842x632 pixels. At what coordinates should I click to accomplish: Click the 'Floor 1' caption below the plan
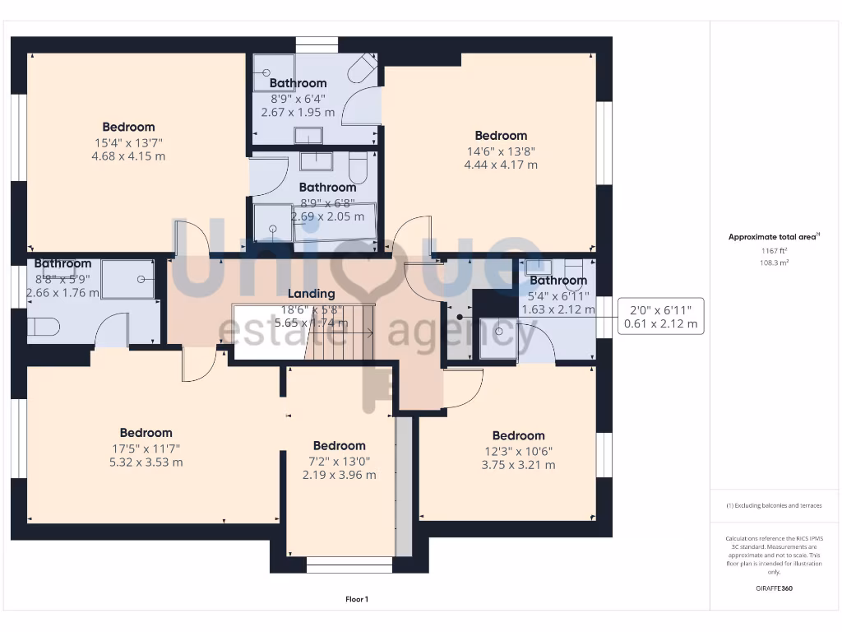coord(356,599)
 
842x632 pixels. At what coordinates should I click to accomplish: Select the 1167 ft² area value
coord(773,250)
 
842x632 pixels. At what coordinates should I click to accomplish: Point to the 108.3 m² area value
coord(773,263)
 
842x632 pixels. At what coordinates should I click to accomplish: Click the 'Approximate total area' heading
coord(773,237)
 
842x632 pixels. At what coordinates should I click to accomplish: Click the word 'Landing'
coord(311,294)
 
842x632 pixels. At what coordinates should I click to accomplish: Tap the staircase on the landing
coord(340,332)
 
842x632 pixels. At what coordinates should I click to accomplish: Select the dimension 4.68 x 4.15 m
coord(128,156)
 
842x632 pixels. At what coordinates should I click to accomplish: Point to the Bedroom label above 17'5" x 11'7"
coord(146,433)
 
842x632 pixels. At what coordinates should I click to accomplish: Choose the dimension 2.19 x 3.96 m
coord(339,475)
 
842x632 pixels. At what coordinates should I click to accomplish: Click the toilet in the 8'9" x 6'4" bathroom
coord(363,69)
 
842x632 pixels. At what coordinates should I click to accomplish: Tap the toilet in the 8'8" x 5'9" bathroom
coord(44,327)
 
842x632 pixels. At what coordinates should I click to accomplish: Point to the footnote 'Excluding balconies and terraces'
coord(773,505)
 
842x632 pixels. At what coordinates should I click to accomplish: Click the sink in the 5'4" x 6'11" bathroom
coord(538,266)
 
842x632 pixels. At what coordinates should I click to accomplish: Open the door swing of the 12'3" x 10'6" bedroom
coord(463,388)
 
